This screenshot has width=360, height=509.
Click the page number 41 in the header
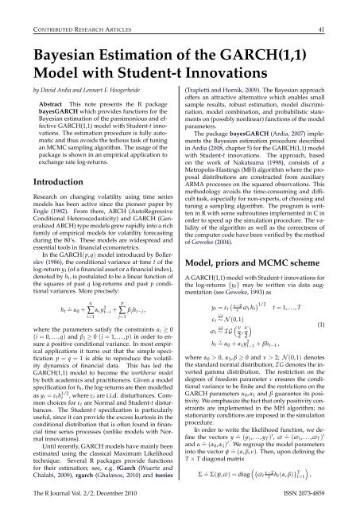point(343,10)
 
